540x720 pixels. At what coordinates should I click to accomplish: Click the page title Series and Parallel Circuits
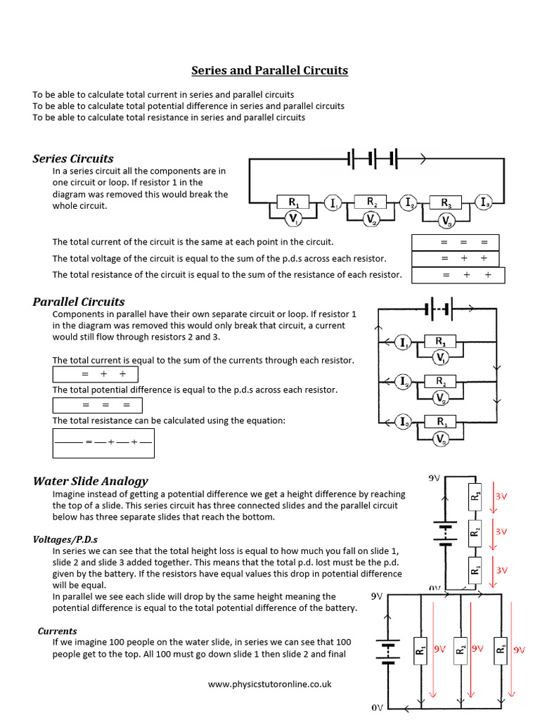pyautogui.click(x=270, y=71)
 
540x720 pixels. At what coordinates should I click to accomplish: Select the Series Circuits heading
pyautogui.click(x=73, y=158)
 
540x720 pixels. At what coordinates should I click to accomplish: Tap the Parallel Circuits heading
pyautogui.click(x=79, y=302)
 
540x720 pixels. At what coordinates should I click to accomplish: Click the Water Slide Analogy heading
pyautogui.click(x=91, y=481)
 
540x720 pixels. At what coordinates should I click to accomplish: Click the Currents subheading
pyautogui.click(x=58, y=631)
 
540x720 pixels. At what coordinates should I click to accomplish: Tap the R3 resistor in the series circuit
pyautogui.click(x=446, y=202)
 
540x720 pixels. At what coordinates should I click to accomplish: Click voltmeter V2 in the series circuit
pyautogui.click(x=371, y=219)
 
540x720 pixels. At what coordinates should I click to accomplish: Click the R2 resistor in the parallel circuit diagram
pyautogui.click(x=440, y=382)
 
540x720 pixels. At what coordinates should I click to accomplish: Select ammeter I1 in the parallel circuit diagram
pyautogui.click(x=404, y=342)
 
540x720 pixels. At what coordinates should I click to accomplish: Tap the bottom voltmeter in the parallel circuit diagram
pyautogui.click(x=441, y=439)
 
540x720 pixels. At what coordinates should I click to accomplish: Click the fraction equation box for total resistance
pyautogui.click(x=103, y=442)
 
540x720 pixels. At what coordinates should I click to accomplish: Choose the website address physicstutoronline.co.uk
pyautogui.click(x=270, y=683)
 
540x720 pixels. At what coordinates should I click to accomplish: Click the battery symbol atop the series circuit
pyautogui.click(x=373, y=159)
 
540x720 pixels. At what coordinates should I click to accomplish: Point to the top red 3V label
pyautogui.click(x=502, y=496)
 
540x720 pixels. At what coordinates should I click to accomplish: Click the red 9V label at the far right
pyautogui.click(x=519, y=650)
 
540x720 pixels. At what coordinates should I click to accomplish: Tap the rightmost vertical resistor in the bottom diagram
pyautogui.click(x=500, y=647)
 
